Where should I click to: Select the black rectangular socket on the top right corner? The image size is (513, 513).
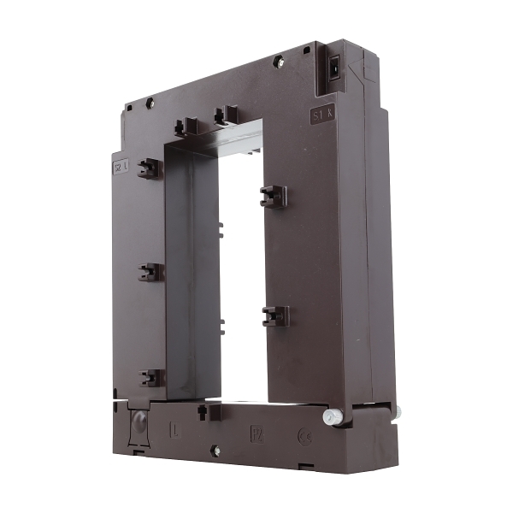tap(335, 64)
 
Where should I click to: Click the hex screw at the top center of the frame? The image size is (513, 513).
tap(278, 61)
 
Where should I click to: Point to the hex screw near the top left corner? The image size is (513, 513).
tap(150, 103)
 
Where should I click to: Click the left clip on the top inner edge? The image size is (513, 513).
tap(186, 127)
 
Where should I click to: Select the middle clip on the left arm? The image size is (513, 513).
tap(150, 272)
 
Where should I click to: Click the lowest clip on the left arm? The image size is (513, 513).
tap(151, 377)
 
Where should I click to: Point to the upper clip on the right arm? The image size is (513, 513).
tap(273, 196)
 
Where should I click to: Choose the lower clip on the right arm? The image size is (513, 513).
tap(275, 315)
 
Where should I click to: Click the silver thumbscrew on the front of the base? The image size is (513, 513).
tap(332, 416)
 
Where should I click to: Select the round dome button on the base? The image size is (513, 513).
tap(137, 421)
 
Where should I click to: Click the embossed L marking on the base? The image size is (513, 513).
tap(175, 426)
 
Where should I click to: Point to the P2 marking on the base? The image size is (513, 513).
tap(256, 433)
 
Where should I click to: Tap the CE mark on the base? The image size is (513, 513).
tap(303, 435)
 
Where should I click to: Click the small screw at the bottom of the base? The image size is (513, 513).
tap(214, 451)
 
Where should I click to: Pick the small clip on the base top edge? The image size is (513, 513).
tap(203, 411)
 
